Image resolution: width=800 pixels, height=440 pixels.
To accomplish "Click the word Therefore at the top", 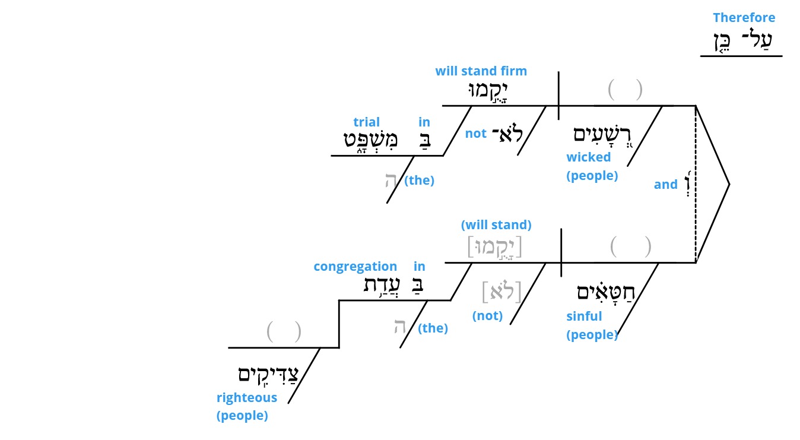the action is (x=744, y=17).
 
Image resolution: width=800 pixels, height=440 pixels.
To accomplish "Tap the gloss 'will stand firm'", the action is (x=481, y=71).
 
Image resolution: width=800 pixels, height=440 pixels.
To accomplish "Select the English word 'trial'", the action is (x=366, y=122).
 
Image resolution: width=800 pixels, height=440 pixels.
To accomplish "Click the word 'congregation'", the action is (x=355, y=267).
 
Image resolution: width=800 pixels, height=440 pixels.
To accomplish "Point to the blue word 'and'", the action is (x=666, y=185).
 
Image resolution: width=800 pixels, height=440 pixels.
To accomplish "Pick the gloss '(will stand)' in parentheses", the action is (x=496, y=225).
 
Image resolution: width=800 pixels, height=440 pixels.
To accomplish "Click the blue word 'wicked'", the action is (x=589, y=157).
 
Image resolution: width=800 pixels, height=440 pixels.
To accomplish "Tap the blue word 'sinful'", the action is (x=584, y=316).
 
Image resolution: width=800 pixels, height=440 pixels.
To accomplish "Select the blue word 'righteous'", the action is (x=247, y=397).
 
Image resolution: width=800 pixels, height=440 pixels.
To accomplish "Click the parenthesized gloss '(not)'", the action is (x=487, y=316).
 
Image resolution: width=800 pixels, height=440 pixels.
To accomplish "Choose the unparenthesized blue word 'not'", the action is (x=476, y=134).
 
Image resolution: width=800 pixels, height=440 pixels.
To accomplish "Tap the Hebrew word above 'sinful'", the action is (x=606, y=292).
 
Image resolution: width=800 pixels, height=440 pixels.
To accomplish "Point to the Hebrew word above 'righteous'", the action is (x=268, y=375).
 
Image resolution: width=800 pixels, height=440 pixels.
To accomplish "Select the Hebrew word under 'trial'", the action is (x=370, y=140).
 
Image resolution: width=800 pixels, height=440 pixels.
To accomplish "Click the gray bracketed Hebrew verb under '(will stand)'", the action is (x=495, y=247).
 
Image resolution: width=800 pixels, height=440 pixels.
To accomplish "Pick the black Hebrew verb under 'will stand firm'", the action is (x=488, y=91).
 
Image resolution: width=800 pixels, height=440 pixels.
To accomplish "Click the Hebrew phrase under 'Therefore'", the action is (x=743, y=41).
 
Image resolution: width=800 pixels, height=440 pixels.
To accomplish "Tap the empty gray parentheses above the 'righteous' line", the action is (x=284, y=332).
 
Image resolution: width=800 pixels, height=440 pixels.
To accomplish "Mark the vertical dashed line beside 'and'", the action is (x=696, y=185).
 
